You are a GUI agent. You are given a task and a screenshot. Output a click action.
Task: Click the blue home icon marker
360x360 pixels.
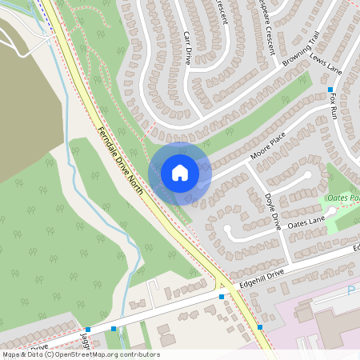[x=180, y=173]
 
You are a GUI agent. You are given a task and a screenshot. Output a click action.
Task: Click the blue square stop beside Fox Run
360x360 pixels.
[x=330, y=90]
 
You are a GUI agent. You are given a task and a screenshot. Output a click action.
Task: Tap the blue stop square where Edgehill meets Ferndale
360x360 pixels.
[x=222, y=297]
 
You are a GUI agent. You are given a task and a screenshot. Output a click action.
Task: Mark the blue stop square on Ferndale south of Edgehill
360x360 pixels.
[x=260, y=327]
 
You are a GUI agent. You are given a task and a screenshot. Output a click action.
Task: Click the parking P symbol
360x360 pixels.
[x=350, y=290]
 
